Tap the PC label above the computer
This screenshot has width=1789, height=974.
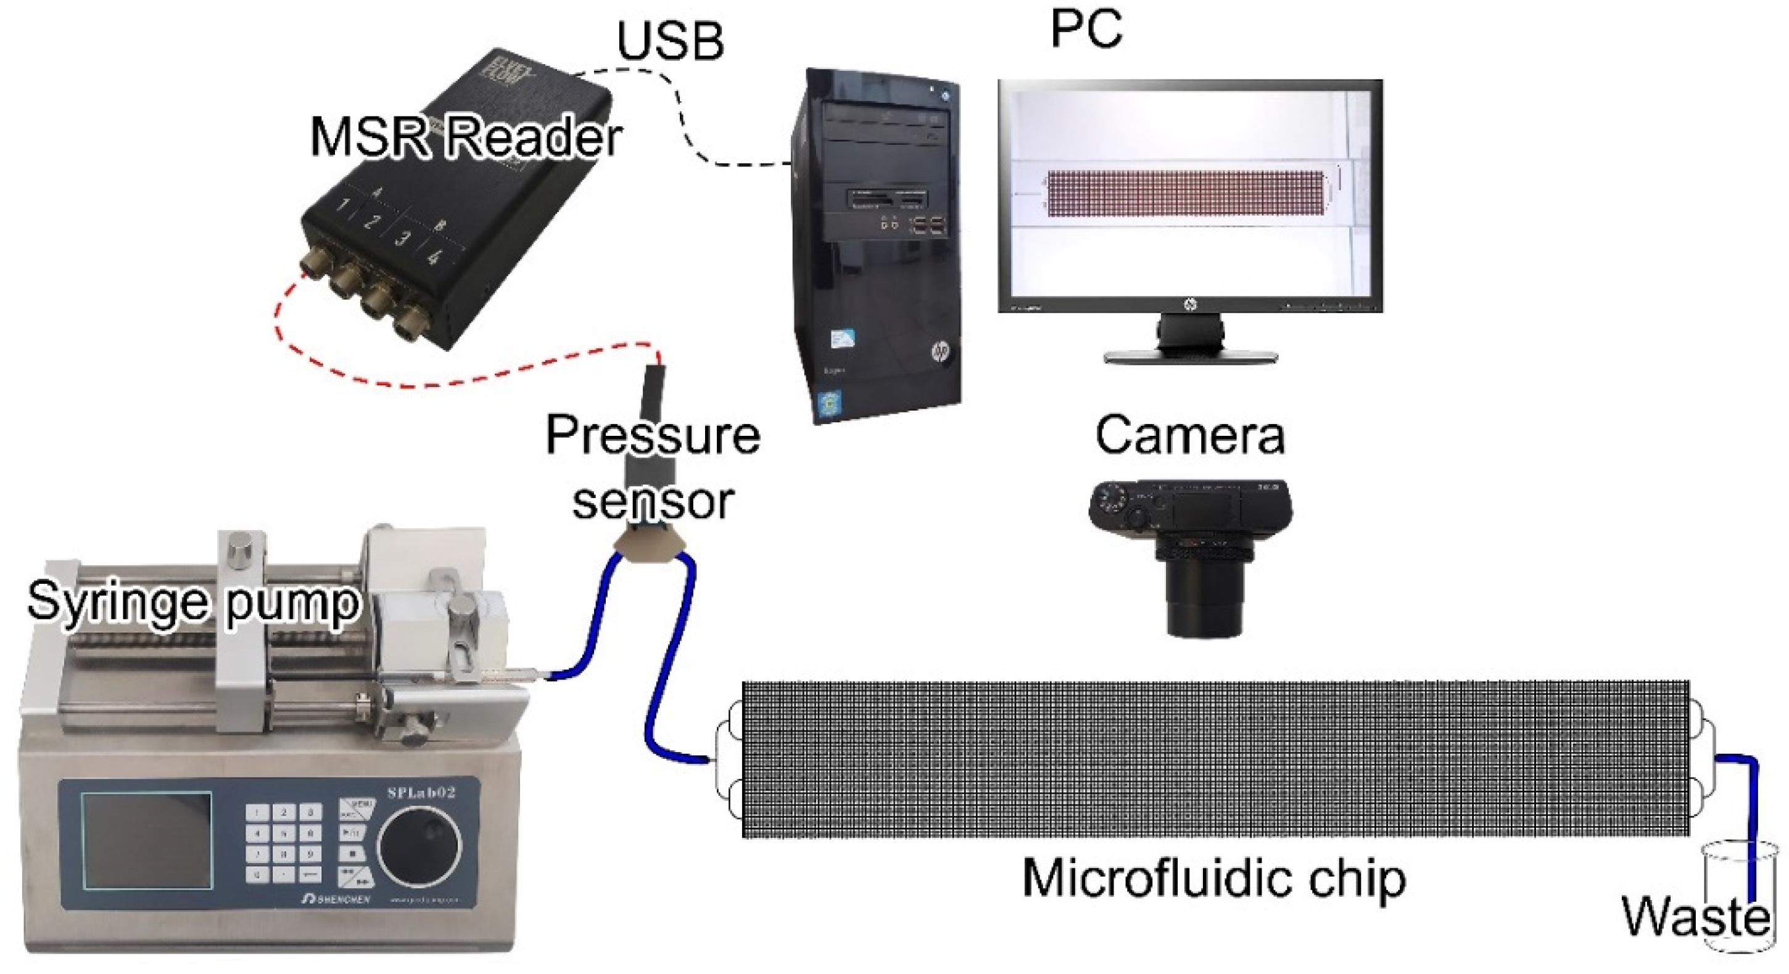pyautogui.click(x=1086, y=29)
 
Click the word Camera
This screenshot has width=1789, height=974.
pyautogui.click(x=1189, y=436)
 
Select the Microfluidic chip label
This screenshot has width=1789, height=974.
pyautogui.click(x=1214, y=878)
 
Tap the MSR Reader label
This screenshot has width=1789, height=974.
pyautogui.click(x=465, y=137)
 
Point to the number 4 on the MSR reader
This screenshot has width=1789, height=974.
pyautogui.click(x=435, y=258)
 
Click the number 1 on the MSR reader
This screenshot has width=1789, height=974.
pyautogui.click(x=344, y=205)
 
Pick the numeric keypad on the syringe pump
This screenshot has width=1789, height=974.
pyautogui.click(x=283, y=843)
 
